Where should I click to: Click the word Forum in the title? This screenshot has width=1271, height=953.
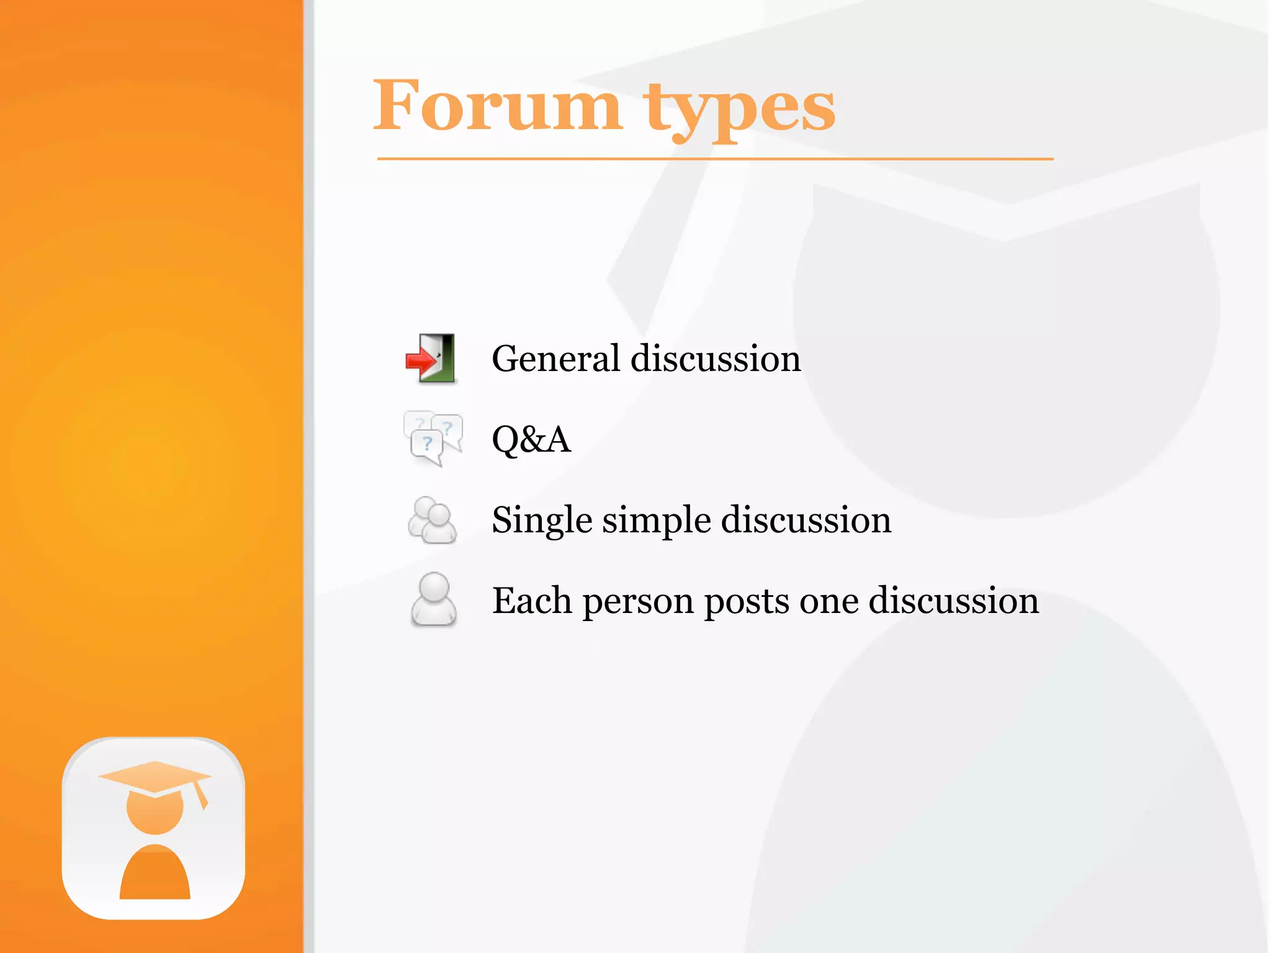(496, 107)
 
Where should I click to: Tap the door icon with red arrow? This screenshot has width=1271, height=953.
(431, 358)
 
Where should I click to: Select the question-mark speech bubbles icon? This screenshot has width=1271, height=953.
(433, 438)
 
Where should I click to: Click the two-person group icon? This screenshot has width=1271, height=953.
(432, 520)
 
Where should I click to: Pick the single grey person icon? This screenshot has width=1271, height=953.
(433, 599)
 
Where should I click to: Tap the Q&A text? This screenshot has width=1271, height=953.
(531, 439)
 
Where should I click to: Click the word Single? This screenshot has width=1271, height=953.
(541, 520)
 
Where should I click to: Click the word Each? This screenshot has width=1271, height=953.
(532, 601)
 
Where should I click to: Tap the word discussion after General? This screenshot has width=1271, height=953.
(716, 359)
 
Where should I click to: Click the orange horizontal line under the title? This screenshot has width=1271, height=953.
(714, 159)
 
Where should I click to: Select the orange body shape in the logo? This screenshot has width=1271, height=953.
(155, 875)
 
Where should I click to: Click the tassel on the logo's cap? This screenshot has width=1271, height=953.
(200, 795)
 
